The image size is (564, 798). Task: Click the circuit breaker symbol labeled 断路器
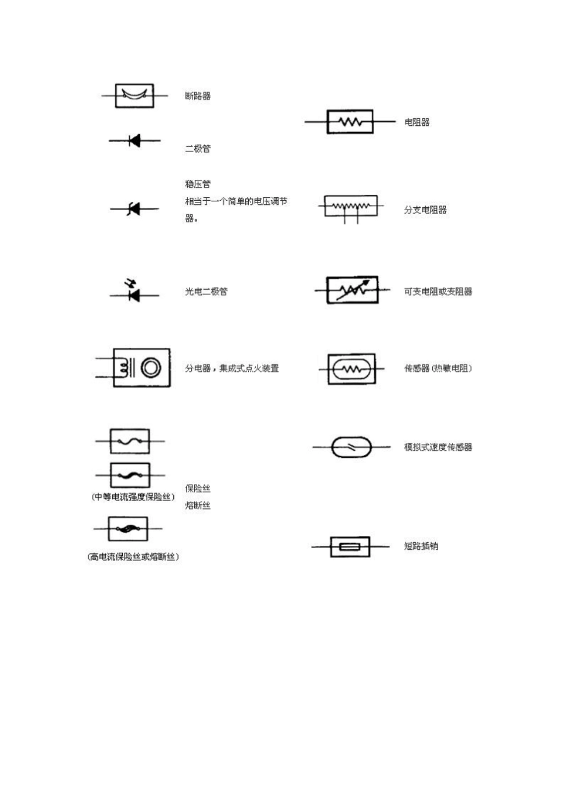(x=134, y=96)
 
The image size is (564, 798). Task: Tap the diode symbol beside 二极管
(x=135, y=141)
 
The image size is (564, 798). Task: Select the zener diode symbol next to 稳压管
(x=134, y=209)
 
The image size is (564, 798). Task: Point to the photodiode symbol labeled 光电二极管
(x=134, y=292)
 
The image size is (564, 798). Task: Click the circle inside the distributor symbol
(x=151, y=368)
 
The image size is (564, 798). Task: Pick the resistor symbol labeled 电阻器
(x=350, y=122)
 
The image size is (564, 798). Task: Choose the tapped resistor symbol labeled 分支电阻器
(x=350, y=207)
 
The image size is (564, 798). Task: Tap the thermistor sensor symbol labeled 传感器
(x=351, y=369)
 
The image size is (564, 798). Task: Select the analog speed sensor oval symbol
(x=351, y=447)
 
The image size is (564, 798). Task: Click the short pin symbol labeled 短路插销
(x=350, y=546)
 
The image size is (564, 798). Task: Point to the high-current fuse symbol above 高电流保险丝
(x=128, y=528)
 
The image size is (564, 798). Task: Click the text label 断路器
(x=198, y=96)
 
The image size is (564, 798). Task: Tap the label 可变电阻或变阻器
(x=438, y=292)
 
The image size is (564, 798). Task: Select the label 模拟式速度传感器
(x=438, y=447)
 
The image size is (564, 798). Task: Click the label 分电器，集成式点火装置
(x=232, y=369)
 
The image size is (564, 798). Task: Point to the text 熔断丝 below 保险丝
(x=198, y=506)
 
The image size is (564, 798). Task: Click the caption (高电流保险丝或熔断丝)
(x=134, y=557)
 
